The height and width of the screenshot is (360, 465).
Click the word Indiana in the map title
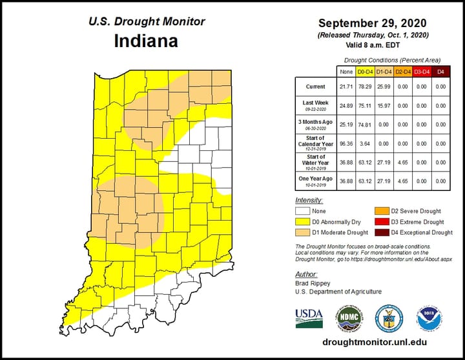147,41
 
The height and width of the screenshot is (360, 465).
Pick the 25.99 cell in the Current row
385,86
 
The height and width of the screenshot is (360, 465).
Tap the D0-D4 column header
365,70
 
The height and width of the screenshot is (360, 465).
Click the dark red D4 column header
441,70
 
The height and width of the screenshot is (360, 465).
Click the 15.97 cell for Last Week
385,105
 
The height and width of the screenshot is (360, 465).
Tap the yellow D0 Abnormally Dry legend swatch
302,221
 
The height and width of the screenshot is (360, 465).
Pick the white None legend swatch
302,210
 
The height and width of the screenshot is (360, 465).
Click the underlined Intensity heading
309,200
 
